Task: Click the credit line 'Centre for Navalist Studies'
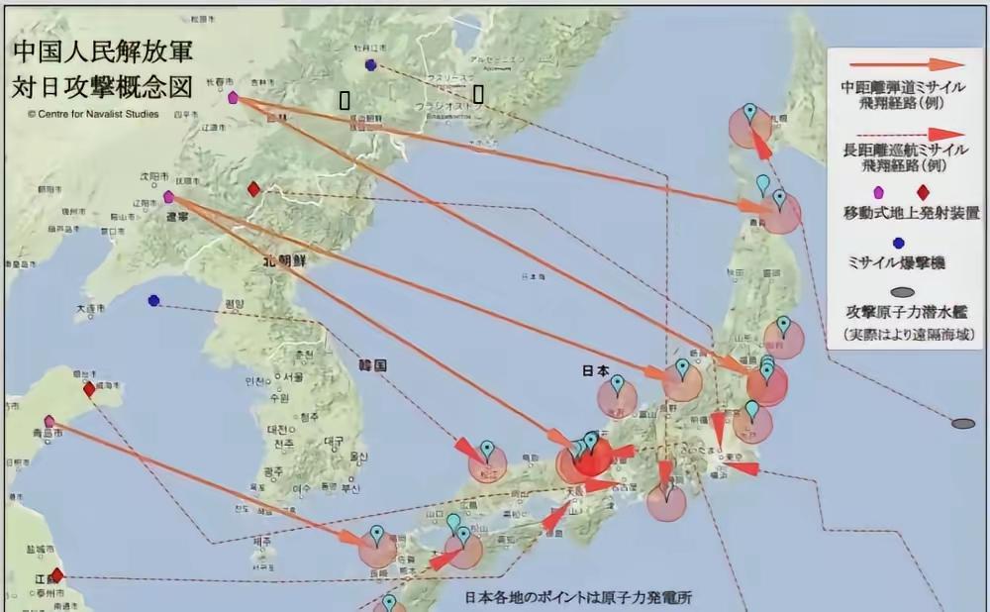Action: pos(90,113)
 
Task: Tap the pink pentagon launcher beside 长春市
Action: pos(233,98)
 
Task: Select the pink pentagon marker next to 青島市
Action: pos(49,421)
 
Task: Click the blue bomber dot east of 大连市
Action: pos(153,300)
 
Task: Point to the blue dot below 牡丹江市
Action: pos(370,65)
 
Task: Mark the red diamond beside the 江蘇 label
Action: pos(56,574)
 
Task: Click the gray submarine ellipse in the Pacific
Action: pos(962,424)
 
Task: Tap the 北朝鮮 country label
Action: pos(287,261)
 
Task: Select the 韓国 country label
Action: pos(373,365)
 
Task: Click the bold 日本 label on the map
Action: pos(595,371)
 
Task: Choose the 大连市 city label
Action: pos(88,310)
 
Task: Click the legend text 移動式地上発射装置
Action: pos(911,213)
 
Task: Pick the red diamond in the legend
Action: pos(923,192)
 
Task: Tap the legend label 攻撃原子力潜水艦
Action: pos(912,313)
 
